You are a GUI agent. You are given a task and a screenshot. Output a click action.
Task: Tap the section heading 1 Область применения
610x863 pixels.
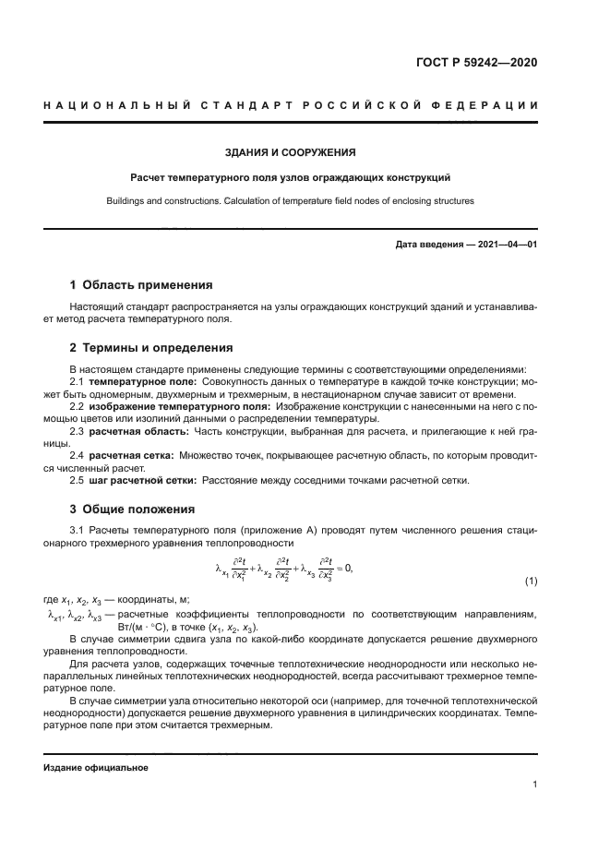(141, 285)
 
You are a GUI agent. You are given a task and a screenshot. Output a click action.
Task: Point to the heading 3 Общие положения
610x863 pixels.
(132, 509)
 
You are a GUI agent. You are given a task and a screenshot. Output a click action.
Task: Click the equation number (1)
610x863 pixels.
(531, 581)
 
